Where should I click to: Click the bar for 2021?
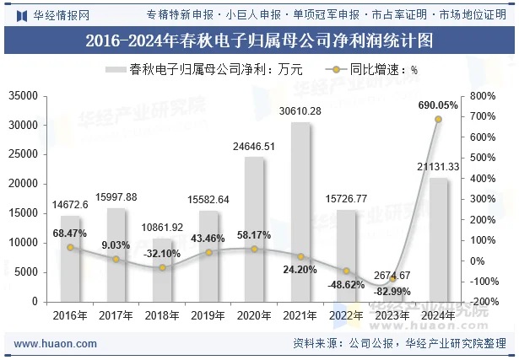point(300,212)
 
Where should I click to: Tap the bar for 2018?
point(162,270)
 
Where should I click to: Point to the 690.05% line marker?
point(438,119)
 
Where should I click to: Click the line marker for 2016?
point(70,247)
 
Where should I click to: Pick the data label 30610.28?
point(300,111)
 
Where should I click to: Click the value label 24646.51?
point(254,147)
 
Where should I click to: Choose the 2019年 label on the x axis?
point(208,316)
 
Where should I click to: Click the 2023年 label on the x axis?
point(392,316)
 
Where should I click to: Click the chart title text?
point(259,40)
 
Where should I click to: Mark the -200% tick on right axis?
point(486,302)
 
